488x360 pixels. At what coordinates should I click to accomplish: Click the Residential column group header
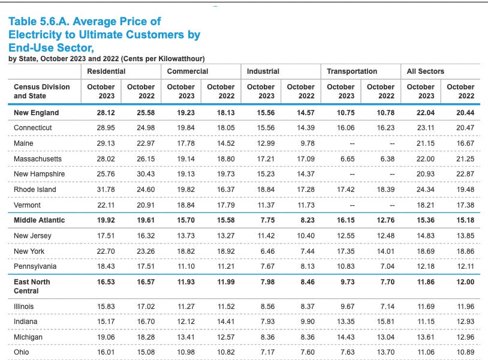point(106,71)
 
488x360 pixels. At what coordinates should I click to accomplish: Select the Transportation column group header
point(352,71)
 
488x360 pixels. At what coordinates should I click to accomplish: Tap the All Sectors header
point(425,71)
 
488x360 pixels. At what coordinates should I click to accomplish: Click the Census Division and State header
point(41,91)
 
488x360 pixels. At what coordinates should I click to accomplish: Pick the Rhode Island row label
point(35,190)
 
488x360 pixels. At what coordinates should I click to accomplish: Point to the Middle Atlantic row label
point(39,220)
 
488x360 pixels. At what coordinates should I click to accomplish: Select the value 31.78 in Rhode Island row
point(101,190)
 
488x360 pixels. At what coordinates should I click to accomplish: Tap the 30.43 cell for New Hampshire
point(141,174)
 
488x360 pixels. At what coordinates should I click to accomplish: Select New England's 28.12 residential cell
point(101,113)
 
